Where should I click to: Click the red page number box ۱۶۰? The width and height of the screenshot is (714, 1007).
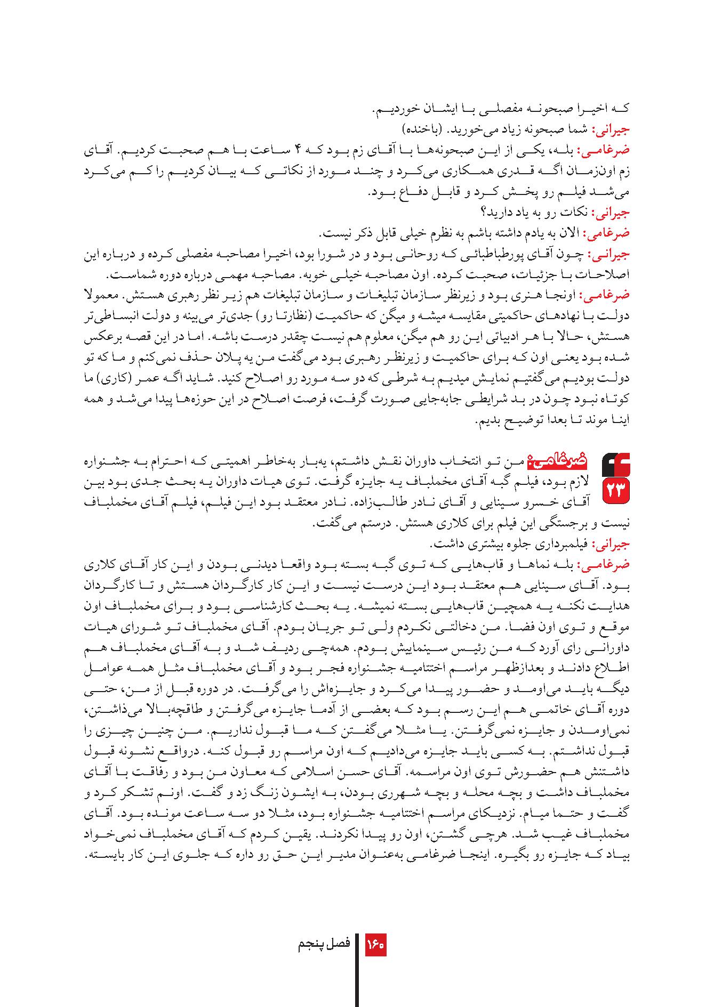[375, 945]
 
